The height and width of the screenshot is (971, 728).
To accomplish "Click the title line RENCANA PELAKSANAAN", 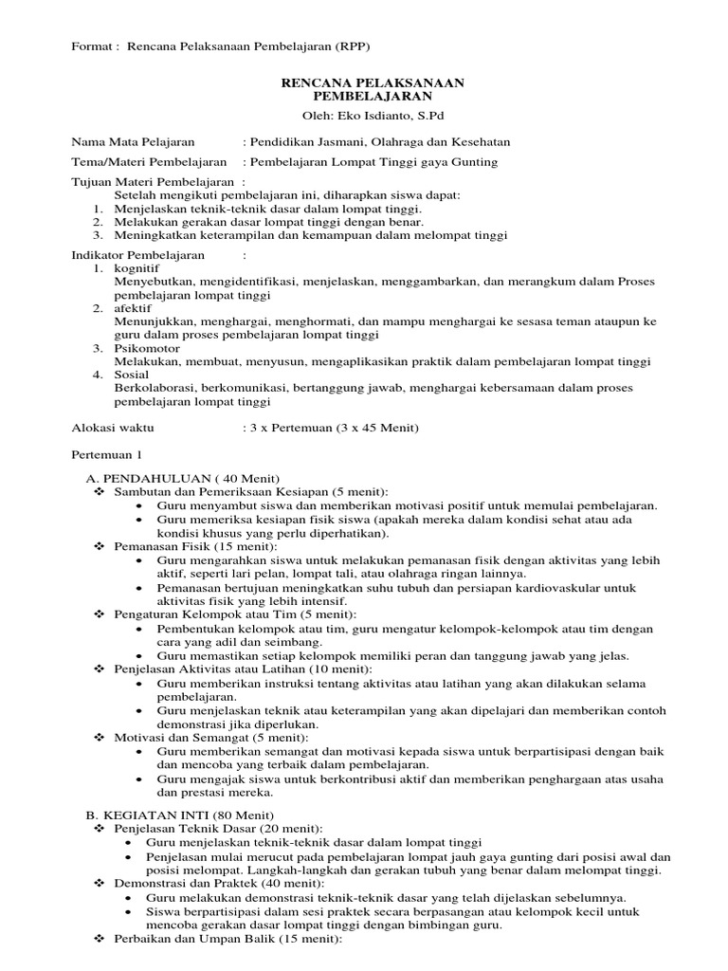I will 373,83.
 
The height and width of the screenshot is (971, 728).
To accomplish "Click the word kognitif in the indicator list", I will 137,269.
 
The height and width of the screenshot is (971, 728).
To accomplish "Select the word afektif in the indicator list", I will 134,309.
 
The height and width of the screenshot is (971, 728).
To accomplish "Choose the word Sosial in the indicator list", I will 131,375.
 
